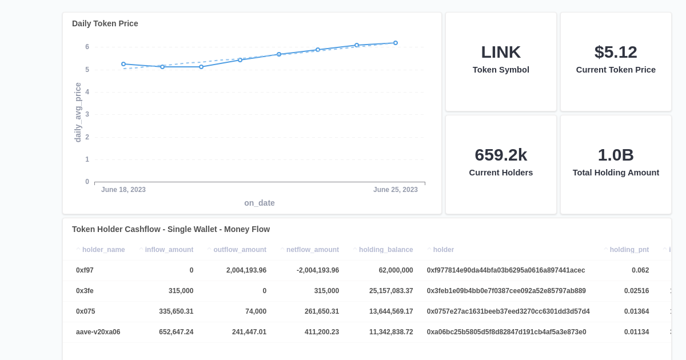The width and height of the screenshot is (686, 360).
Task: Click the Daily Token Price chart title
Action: (x=105, y=23)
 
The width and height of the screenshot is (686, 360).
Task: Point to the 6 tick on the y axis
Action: (x=87, y=47)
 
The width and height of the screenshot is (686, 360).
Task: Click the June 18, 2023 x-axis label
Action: (x=123, y=190)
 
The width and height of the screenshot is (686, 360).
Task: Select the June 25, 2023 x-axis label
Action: (x=395, y=190)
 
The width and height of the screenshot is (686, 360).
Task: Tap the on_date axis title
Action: (x=259, y=203)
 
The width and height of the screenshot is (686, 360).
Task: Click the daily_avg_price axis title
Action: (x=78, y=113)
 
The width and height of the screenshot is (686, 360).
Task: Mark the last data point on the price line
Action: (x=395, y=43)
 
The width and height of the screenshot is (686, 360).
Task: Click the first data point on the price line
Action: (x=123, y=64)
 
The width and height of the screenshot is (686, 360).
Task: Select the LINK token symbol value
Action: (x=501, y=52)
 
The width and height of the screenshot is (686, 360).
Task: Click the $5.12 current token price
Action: (x=616, y=52)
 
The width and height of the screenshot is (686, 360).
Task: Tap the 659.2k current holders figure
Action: (x=501, y=155)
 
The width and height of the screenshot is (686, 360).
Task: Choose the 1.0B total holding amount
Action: (x=616, y=155)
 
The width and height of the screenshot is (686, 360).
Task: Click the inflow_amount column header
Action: (x=169, y=250)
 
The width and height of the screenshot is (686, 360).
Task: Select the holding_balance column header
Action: (x=385, y=250)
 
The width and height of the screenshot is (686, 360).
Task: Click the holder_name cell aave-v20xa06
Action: (x=98, y=332)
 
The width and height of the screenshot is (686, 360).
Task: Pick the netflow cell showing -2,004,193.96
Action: (x=317, y=270)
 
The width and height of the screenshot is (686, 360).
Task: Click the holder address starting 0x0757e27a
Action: (x=508, y=311)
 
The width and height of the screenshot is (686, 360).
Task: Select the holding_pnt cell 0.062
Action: (x=640, y=270)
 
